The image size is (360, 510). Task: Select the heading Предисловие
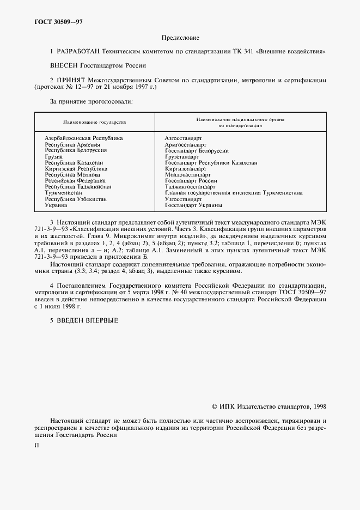tap(180, 38)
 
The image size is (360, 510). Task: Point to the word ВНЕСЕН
tap(64, 65)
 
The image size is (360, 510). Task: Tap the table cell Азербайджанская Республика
tap(84, 138)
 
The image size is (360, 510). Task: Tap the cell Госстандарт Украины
tap(193, 205)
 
